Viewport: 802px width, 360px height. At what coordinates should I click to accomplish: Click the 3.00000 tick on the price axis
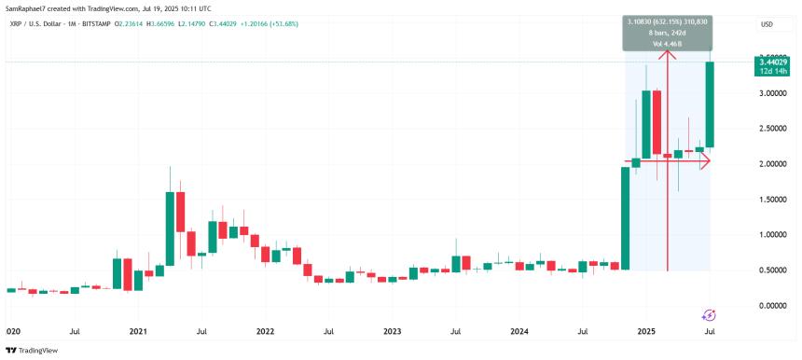click(757, 93)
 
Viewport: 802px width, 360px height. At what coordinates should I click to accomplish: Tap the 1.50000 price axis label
click(757, 200)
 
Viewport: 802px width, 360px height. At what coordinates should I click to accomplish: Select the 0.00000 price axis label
click(757, 306)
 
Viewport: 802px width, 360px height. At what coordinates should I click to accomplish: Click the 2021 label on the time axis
click(138, 331)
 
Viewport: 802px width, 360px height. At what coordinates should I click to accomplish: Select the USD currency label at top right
click(767, 24)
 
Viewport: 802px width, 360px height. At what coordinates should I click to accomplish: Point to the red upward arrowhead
click(668, 54)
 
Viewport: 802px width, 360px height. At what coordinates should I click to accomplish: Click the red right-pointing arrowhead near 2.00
click(705, 160)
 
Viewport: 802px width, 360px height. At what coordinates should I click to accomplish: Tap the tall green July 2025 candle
click(710, 104)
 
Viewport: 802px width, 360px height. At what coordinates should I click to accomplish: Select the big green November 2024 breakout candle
click(625, 218)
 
